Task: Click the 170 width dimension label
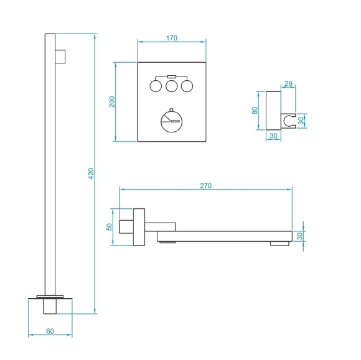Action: [172, 38]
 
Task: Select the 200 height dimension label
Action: [112, 101]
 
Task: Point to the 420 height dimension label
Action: [91, 173]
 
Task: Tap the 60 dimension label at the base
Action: [50, 331]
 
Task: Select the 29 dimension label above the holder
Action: [287, 83]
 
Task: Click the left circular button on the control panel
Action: [156, 85]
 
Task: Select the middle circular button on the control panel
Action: [172, 85]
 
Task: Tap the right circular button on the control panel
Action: [187, 85]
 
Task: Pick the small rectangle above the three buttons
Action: [172, 76]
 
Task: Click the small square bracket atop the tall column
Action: [60, 55]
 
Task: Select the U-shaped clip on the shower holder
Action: [288, 119]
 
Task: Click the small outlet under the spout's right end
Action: [279, 244]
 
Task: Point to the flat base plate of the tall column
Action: [50, 296]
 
